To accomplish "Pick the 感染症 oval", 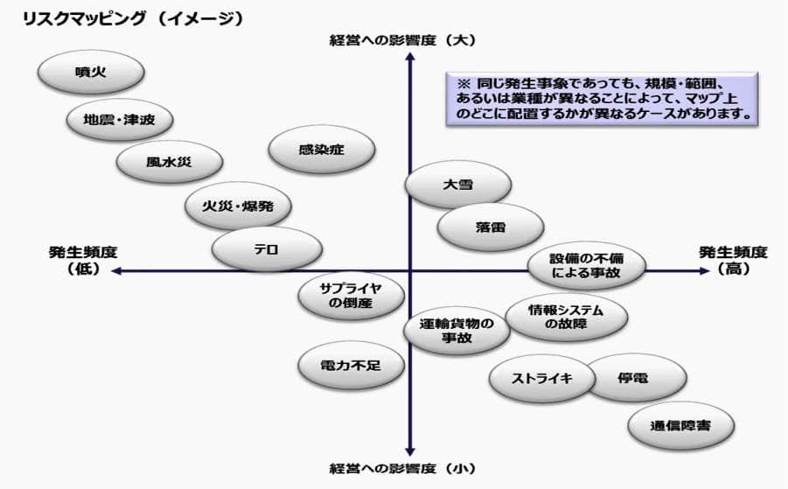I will pos(323,150).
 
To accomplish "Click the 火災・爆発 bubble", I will pos(238,208).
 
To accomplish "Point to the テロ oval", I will pos(266,249).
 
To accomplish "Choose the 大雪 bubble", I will pos(445,185).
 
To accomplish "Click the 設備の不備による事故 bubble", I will pos(585,266).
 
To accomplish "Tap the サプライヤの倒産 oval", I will pos(352,296).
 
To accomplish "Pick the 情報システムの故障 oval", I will pos(566,317).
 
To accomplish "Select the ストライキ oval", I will pos(542,378).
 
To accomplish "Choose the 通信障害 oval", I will pos(680,426).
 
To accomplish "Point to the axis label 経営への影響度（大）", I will pos(402,39).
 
